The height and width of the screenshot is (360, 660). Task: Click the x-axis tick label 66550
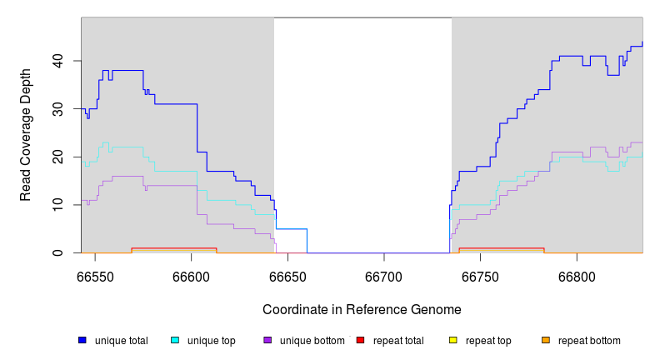(95, 276)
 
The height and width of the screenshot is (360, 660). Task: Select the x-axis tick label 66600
(192, 276)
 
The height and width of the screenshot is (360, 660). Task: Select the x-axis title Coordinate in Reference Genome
(362, 309)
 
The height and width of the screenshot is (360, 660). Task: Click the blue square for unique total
(82, 340)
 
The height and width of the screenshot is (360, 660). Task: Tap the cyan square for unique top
(175, 340)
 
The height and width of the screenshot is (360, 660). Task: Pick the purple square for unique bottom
(267, 340)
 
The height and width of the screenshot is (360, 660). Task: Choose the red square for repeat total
(360, 340)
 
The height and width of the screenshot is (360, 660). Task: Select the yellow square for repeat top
(453, 340)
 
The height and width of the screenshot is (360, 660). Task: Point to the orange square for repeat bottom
(546, 340)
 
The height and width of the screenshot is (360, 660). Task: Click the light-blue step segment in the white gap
(292, 228)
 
